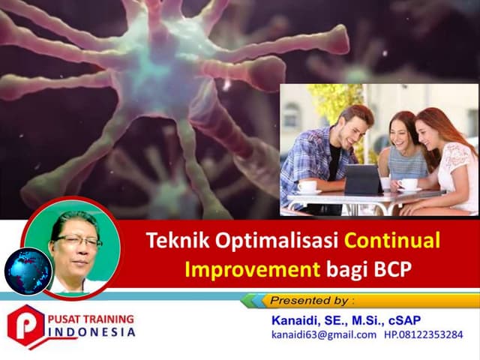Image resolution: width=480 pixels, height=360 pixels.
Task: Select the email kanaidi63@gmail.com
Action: pyautogui.click(x=323, y=334)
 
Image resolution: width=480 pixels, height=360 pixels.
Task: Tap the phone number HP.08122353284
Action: pyautogui.click(x=423, y=334)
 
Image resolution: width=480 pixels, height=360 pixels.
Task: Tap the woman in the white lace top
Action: pyautogui.click(x=450, y=161)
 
